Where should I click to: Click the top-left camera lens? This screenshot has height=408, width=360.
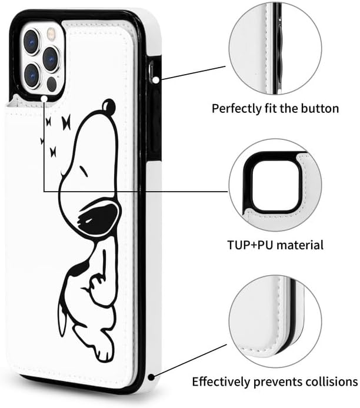click(x=32, y=42)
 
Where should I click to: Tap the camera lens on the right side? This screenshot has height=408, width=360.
click(x=51, y=59)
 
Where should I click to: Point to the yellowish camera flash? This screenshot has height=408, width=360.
click(x=51, y=34)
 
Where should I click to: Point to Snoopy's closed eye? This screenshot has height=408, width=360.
click(x=84, y=170)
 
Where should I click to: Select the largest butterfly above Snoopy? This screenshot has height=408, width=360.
click(x=66, y=122)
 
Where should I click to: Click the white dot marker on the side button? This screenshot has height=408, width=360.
click(x=155, y=81)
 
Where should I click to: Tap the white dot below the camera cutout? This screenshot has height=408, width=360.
click(x=44, y=99)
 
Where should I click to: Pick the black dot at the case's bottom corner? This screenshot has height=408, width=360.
click(x=151, y=377)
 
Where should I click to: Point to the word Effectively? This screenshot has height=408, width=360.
click(x=221, y=382)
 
